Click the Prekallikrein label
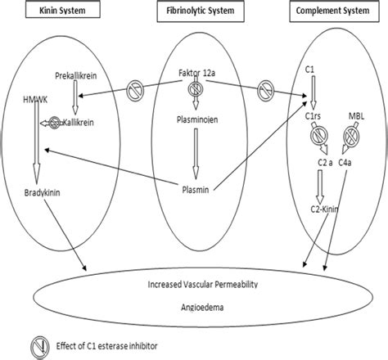(76, 75)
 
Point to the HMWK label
(35, 100)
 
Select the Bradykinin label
(42, 193)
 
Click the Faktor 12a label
(196, 73)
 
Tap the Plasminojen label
(197, 119)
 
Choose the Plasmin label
(196, 190)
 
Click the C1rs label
(313, 116)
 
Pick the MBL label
(356, 116)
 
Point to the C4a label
(345, 163)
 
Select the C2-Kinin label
(324, 209)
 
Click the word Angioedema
(202, 308)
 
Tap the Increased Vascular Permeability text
(203, 285)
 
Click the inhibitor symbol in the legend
(40, 347)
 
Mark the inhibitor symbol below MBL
(351, 136)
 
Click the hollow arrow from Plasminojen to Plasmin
(196, 154)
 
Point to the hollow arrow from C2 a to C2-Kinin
(320, 187)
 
